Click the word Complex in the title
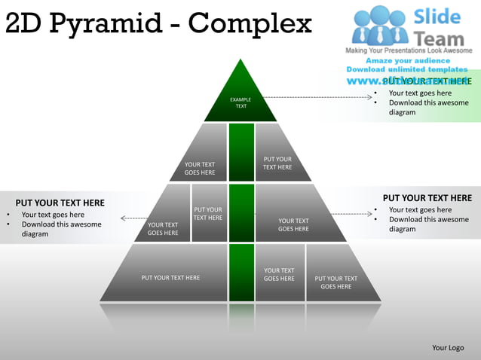pos(250,24)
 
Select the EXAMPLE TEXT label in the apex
pos(240,102)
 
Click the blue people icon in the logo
pos(380,26)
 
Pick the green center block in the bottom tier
pos(241,273)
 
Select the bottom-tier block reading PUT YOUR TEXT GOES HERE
pos(335,282)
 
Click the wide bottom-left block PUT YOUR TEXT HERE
pos(170,277)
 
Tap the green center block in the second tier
pos(241,152)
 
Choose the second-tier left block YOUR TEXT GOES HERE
pos(200,168)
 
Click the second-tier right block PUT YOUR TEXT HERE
pos(277,163)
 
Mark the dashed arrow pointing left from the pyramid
pos(136,218)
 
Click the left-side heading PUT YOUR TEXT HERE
pos(60,203)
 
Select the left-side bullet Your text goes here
pos(53,215)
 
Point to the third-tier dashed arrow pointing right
pos(351,214)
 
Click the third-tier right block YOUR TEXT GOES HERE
pos(293,224)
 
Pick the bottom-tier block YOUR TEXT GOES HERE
pos(279,274)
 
